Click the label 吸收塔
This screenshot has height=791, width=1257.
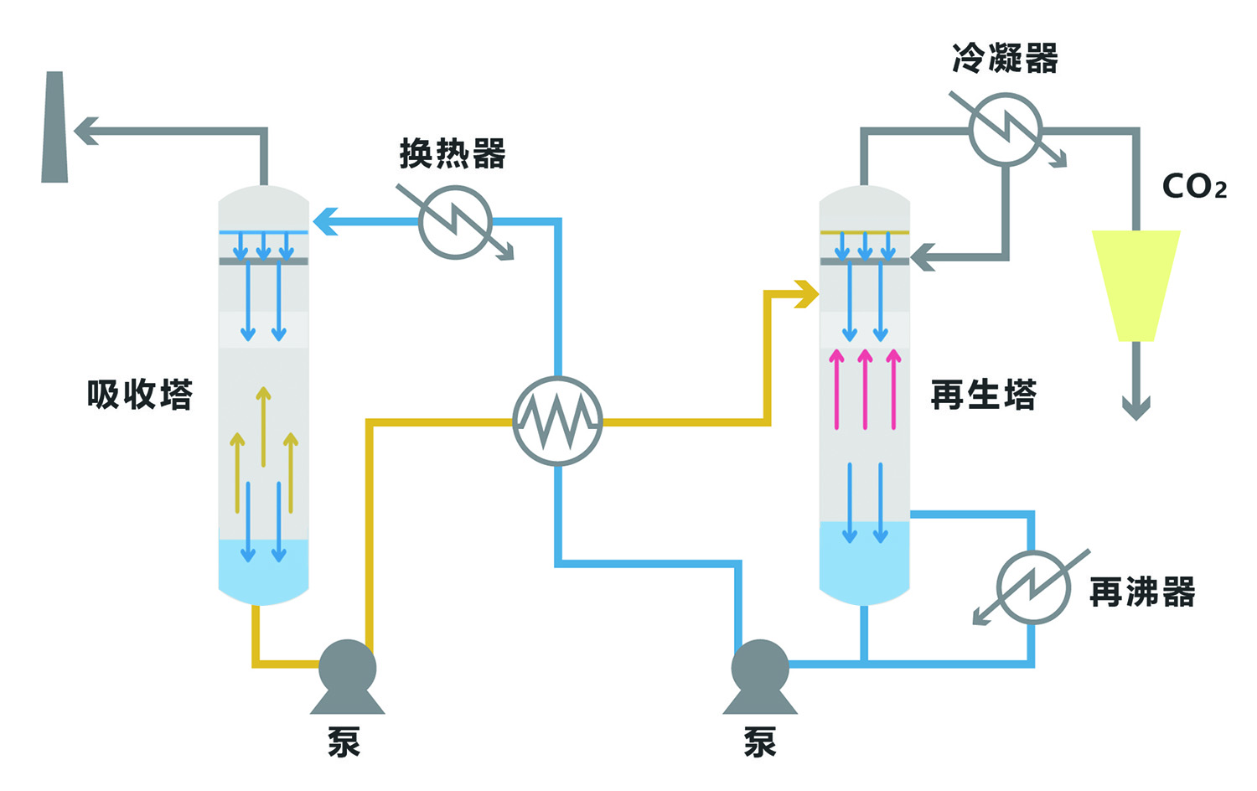[140, 395]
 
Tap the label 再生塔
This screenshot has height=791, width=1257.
[984, 395]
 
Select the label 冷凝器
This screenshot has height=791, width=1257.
[1005, 59]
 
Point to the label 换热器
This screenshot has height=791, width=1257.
[453, 154]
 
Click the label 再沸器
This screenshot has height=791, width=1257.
[1142, 592]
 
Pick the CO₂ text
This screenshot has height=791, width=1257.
[1194, 186]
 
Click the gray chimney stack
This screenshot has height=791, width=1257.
[54, 127]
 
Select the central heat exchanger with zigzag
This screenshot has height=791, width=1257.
[557, 421]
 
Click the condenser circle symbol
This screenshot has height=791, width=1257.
[1005, 130]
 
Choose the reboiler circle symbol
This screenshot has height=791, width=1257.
[1033, 587]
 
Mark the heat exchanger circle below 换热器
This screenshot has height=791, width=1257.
[455, 222]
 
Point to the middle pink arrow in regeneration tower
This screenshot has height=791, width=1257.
[865, 390]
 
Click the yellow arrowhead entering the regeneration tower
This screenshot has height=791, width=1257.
[807, 294]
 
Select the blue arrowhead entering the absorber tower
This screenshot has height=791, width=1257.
[325, 222]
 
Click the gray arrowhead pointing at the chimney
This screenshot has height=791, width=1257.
[85, 131]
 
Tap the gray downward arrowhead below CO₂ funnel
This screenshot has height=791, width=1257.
[1135, 408]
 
